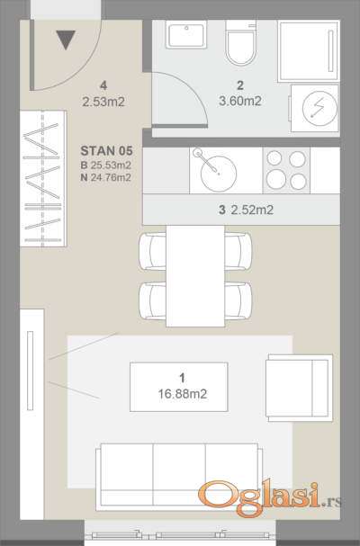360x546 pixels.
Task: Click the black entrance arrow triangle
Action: click(x=66, y=39)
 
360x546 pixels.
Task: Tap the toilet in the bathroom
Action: click(x=240, y=42)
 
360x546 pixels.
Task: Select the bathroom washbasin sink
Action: click(x=186, y=34)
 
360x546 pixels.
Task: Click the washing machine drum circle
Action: click(x=319, y=109)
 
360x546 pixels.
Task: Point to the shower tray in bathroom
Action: click(x=309, y=51)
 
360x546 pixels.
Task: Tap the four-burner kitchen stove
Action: click(x=286, y=170)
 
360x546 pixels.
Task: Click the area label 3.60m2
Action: click(x=240, y=101)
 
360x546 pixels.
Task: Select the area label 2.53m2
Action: click(x=103, y=102)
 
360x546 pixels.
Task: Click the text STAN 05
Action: click(x=106, y=151)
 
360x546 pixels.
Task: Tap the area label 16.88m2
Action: click(x=183, y=394)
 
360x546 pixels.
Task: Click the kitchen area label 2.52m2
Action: click(x=252, y=210)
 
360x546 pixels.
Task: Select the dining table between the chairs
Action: click(x=195, y=276)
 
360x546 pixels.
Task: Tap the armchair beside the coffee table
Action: click(x=299, y=388)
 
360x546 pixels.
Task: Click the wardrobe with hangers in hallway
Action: click(x=43, y=179)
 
